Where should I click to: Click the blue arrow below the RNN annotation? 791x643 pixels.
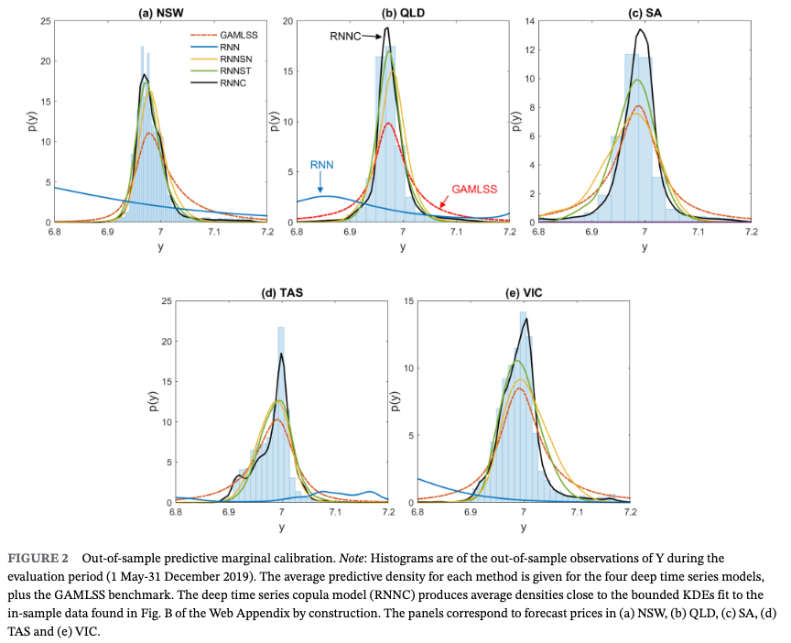[x=320, y=184]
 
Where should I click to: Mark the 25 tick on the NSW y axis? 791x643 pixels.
[x=45, y=21]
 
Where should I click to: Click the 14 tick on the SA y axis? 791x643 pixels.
[x=529, y=21]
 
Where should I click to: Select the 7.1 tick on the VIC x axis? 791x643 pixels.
[x=577, y=515]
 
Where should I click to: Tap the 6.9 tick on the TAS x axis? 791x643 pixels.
[x=228, y=515]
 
